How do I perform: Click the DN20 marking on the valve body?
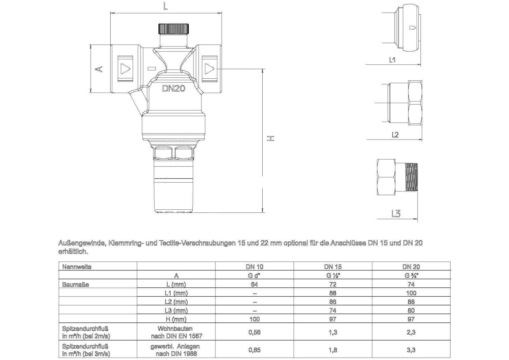point(173,88)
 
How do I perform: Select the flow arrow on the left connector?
point(126,70)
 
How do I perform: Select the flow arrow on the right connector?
point(209,70)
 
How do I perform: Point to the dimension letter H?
point(270,138)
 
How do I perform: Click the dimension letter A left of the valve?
point(99,69)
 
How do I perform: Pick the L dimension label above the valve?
point(166,6)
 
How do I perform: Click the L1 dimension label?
point(392,60)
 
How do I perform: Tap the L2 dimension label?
point(395,135)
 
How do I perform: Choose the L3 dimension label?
point(396,213)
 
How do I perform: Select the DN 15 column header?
point(333,267)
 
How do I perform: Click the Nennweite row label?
point(77,267)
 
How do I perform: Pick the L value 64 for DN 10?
point(254,284)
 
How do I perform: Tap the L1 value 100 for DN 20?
point(411,293)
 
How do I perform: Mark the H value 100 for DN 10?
point(254,319)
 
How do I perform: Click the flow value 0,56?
point(254,332)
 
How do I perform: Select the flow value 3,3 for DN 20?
point(411,350)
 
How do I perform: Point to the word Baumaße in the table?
point(75,285)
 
